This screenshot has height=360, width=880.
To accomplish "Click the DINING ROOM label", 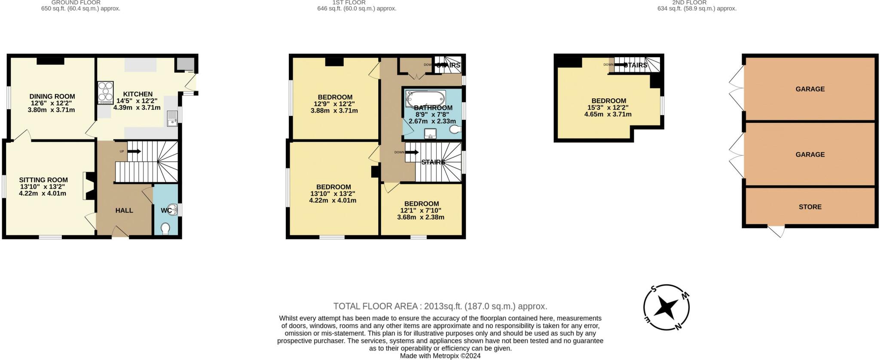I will pyautogui.click(x=52, y=97).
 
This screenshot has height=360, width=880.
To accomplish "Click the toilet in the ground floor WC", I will pyautogui.click(x=165, y=229).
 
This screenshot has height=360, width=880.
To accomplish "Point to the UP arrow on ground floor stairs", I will pyautogui.click(x=134, y=151).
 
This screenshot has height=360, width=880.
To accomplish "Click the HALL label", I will pyautogui.click(x=124, y=211).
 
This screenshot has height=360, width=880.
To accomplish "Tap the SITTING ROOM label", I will pyautogui.click(x=43, y=180).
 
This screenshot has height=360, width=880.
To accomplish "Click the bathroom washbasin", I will pyautogui.click(x=431, y=134).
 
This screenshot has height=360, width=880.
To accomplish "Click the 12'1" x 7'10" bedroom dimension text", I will pyautogui.click(x=421, y=211).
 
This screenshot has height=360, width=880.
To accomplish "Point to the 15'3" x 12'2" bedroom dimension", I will pyautogui.click(x=608, y=108).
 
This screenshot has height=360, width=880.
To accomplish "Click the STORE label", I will pyautogui.click(x=810, y=207).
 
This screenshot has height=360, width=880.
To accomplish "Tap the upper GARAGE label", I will pyautogui.click(x=810, y=89).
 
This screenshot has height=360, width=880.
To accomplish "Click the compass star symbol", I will pyautogui.click(x=666, y=308).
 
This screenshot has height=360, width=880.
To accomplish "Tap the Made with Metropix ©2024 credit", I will pyautogui.click(x=440, y=356).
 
